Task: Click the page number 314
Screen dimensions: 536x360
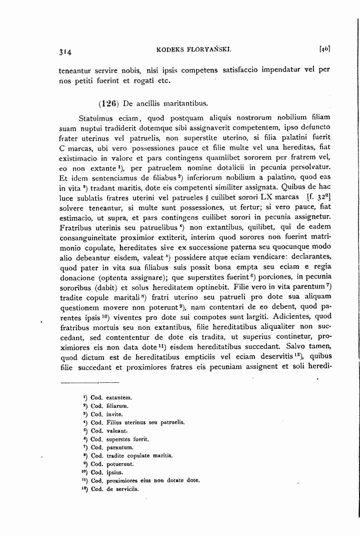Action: tap(65, 52)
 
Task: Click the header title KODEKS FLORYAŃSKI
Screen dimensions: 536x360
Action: tap(193, 50)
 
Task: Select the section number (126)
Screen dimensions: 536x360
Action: tap(108, 104)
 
